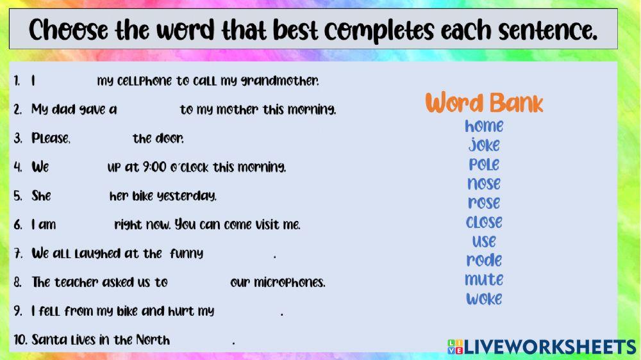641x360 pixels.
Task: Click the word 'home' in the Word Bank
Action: point(484,126)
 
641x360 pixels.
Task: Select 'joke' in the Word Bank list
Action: point(484,145)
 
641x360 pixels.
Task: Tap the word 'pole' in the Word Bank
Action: point(484,165)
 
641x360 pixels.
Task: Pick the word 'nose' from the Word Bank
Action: point(484,184)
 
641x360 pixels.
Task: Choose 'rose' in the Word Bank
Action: point(484,203)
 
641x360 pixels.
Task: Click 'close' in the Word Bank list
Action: point(484,222)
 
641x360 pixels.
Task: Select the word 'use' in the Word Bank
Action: point(484,241)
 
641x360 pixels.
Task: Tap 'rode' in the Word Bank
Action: point(484,260)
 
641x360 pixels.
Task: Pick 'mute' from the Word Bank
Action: point(484,280)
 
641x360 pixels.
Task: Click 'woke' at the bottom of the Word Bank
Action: point(484,299)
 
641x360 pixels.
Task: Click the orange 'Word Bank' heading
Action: point(484,102)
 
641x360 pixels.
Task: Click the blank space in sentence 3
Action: point(101,138)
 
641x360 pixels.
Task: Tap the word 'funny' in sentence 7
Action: point(187,254)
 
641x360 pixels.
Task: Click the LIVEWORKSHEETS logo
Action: point(542,347)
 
